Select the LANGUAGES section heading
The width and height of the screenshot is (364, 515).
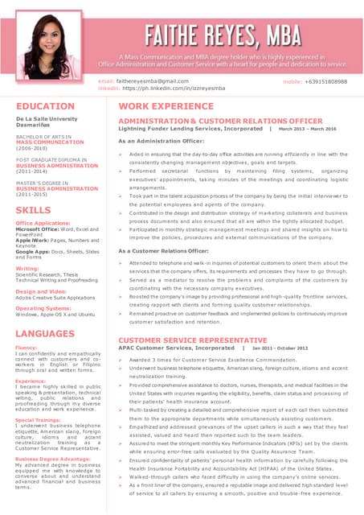pyautogui.click(x=50, y=332)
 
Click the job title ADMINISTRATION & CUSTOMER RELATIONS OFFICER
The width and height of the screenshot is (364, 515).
pyautogui.click(x=220, y=121)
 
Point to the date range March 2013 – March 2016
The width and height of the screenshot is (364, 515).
pyautogui.click(x=308, y=128)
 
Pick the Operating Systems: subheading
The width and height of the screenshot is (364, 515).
pyautogui.click(x=43, y=308)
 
